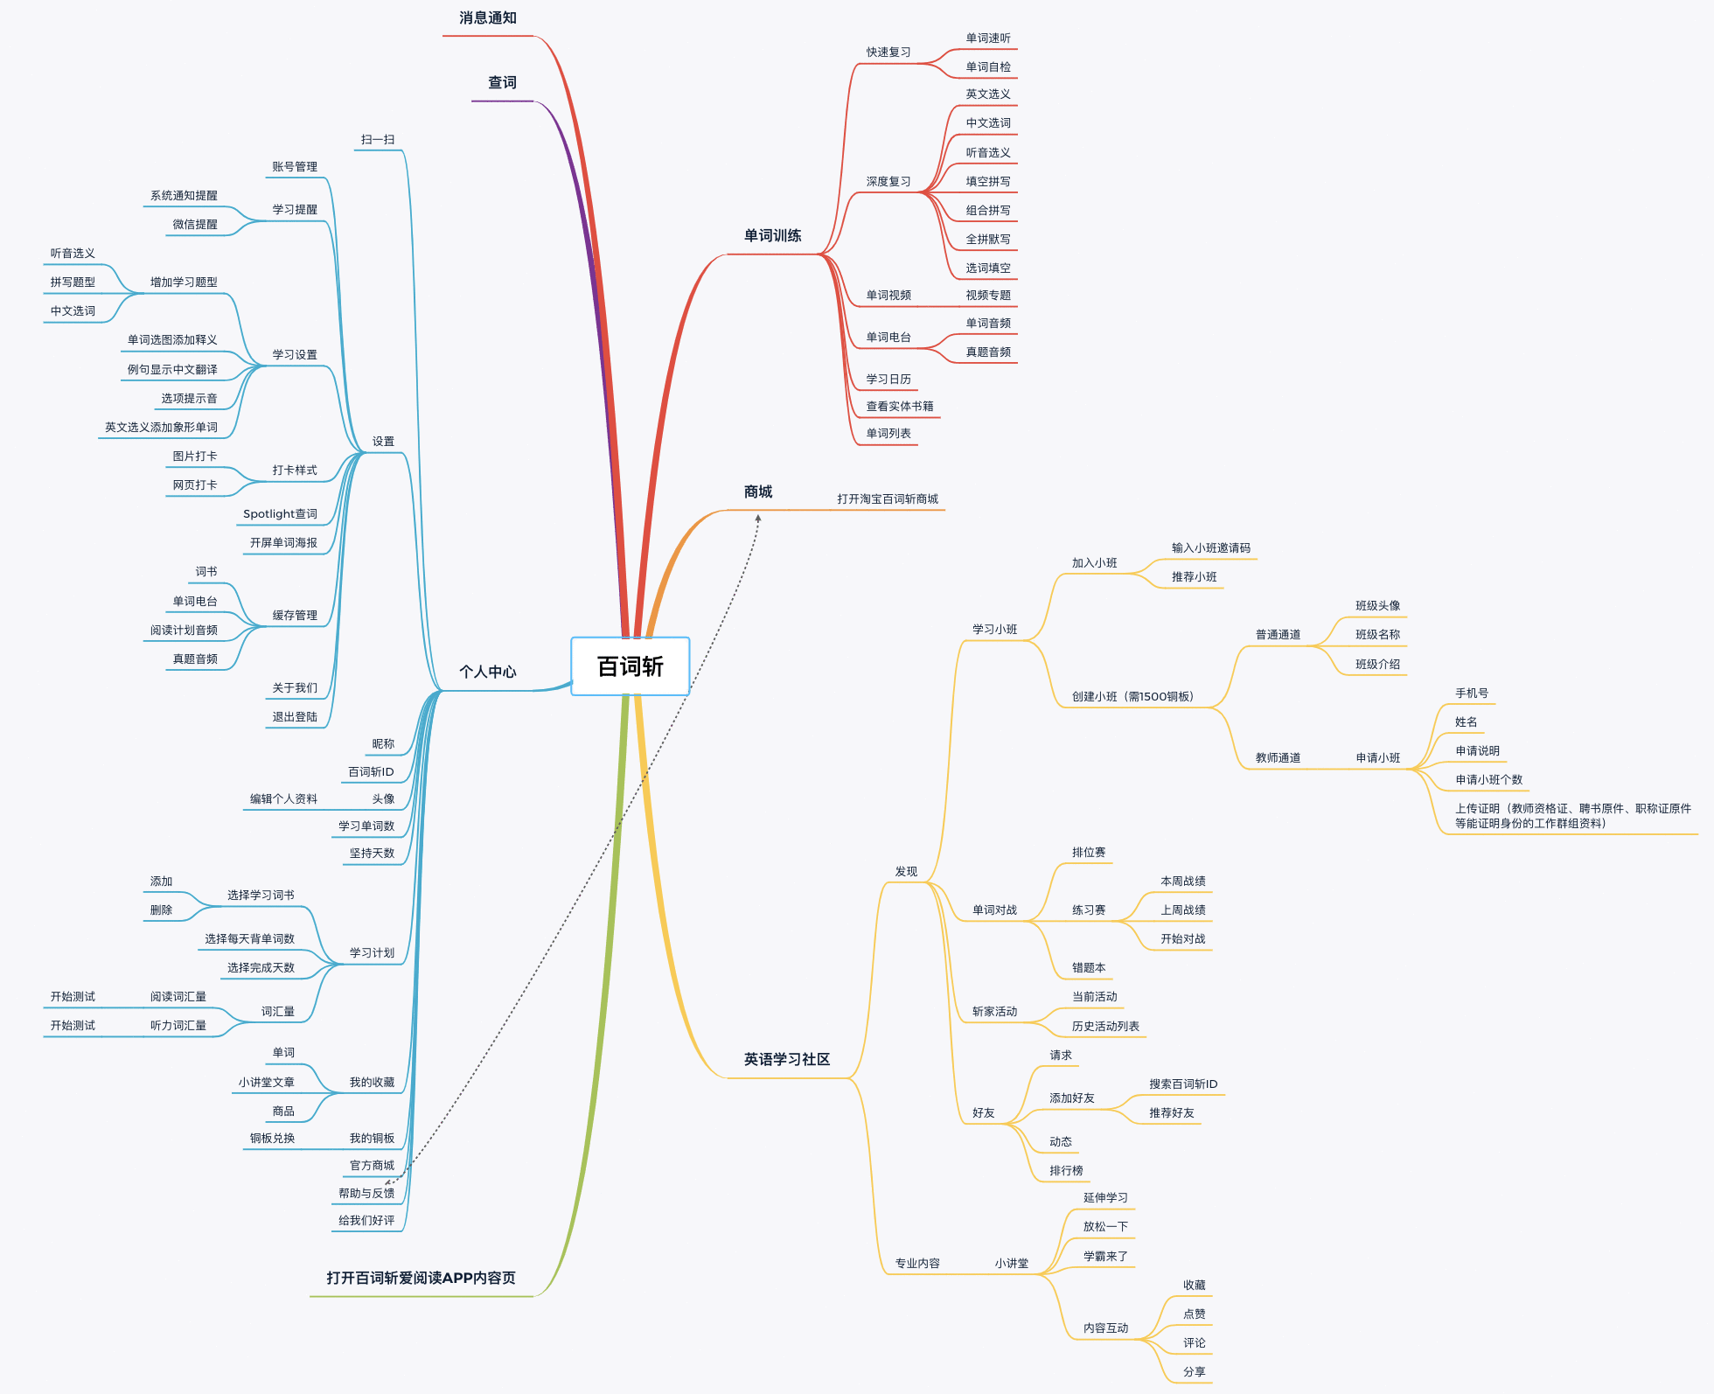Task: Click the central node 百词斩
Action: click(630, 666)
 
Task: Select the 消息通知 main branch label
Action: click(488, 18)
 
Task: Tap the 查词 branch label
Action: click(502, 83)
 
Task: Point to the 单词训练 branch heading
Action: click(772, 236)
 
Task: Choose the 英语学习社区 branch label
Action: click(787, 1060)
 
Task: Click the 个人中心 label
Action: click(488, 672)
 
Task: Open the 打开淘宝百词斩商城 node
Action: click(888, 499)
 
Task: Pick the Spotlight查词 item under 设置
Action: click(280, 514)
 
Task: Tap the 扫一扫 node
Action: click(378, 140)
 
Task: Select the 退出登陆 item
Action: click(295, 717)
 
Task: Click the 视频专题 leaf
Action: click(988, 296)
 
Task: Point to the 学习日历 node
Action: click(888, 380)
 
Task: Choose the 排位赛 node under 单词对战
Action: click(1089, 853)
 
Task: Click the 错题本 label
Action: click(1089, 968)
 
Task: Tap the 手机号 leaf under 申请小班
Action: click(1472, 694)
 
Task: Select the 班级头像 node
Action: click(1378, 606)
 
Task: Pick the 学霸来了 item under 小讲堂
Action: click(1106, 1257)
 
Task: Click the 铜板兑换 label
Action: click(272, 1139)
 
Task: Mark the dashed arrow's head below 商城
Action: click(758, 518)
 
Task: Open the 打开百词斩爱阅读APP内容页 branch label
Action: click(421, 1279)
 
